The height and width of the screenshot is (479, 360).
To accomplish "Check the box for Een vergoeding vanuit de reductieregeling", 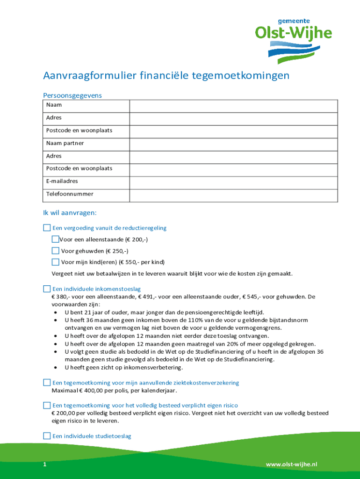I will pos(47,228).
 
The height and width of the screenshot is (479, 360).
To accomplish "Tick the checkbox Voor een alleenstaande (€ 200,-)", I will pos(55,239).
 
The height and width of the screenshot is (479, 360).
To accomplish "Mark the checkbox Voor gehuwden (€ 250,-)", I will pos(55,251).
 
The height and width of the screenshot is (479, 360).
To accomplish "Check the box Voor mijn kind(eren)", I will pos(55,262).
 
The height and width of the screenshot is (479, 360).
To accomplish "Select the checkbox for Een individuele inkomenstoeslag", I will pos(47,289).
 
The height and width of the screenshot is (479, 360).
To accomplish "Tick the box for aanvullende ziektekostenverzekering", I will pos(47,383).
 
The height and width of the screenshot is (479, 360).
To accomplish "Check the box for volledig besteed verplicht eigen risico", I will pos(47,405).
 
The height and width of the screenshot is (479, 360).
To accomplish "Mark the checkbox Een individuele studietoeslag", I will pos(47,436).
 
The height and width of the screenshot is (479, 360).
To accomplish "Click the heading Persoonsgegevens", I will pos(72,95).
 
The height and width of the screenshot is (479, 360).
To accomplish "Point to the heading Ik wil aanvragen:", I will pos(70,213).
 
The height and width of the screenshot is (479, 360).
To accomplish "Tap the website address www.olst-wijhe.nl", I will pos(291,464).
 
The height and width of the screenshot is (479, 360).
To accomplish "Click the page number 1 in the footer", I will pos(44,464).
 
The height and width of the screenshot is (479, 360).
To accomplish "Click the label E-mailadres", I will pos(62,181).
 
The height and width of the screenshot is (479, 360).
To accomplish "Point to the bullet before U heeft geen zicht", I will pos(56,367).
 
